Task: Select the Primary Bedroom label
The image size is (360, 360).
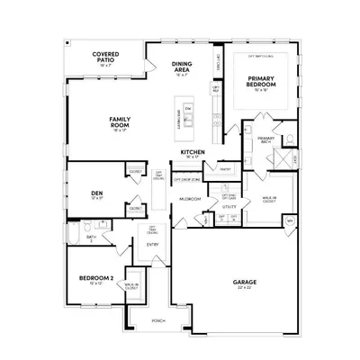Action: click(x=261, y=81)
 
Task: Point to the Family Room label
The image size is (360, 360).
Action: click(x=121, y=120)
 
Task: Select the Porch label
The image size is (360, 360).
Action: click(x=158, y=319)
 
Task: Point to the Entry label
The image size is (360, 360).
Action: click(x=153, y=244)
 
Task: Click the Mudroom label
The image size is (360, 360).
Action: click(x=189, y=198)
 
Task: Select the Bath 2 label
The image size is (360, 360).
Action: click(x=92, y=237)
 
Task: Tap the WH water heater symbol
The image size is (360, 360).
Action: click(x=290, y=220)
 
